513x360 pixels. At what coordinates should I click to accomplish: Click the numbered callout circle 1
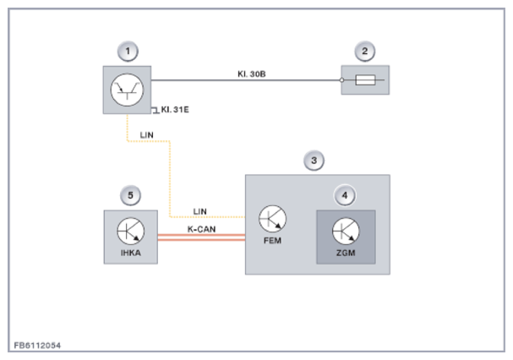pyautogui.click(x=128, y=52)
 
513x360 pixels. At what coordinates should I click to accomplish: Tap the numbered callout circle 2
pyautogui.click(x=365, y=52)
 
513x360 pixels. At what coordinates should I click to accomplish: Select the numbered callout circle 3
pyautogui.click(x=314, y=161)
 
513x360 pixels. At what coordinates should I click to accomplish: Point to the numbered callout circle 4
pyautogui.click(x=345, y=195)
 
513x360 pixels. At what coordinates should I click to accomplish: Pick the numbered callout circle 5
pyautogui.click(x=130, y=195)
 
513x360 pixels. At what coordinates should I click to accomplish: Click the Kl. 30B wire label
pyautogui.click(x=252, y=74)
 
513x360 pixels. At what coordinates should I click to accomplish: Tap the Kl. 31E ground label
pyautogui.click(x=175, y=110)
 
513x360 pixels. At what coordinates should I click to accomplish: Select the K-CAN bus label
pyautogui.click(x=201, y=229)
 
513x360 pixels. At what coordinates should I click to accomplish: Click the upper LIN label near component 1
pyautogui.click(x=146, y=135)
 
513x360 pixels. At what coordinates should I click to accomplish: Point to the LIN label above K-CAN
pyautogui.click(x=200, y=211)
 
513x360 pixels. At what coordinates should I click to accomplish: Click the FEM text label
pyautogui.click(x=272, y=241)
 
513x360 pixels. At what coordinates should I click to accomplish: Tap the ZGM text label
pyautogui.click(x=346, y=253)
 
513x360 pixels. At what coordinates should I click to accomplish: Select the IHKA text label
pyautogui.click(x=131, y=253)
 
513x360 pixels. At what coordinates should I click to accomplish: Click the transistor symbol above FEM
pyautogui.click(x=272, y=219)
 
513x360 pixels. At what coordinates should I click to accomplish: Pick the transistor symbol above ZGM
pyautogui.click(x=346, y=231)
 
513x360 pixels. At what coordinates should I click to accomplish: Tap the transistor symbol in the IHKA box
pyautogui.click(x=130, y=231)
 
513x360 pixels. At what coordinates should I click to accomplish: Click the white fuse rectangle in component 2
pyautogui.click(x=365, y=80)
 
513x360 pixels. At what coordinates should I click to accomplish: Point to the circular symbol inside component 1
pyautogui.click(x=127, y=90)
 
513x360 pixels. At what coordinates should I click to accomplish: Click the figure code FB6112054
pyautogui.click(x=37, y=346)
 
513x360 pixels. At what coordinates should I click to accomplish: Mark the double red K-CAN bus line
pyautogui.click(x=201, y=237)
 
